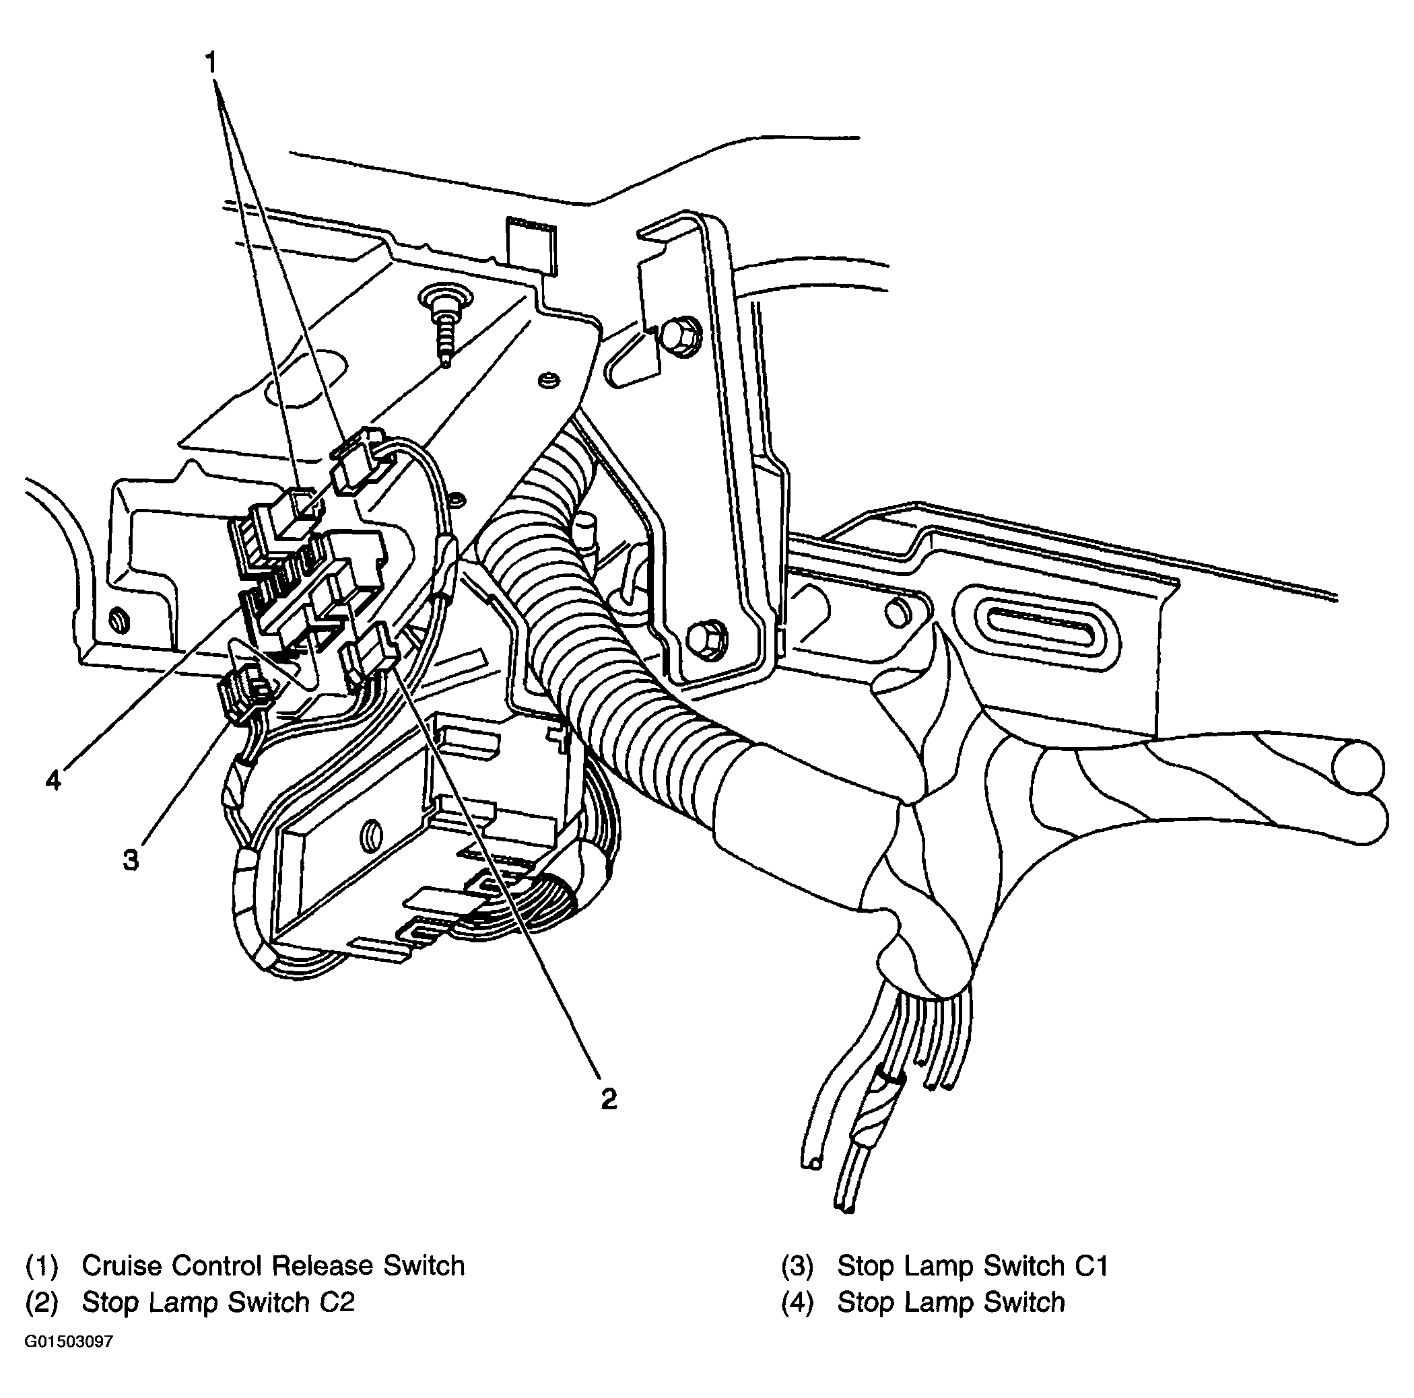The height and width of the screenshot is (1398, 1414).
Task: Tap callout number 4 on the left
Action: (x=53, y=781)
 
